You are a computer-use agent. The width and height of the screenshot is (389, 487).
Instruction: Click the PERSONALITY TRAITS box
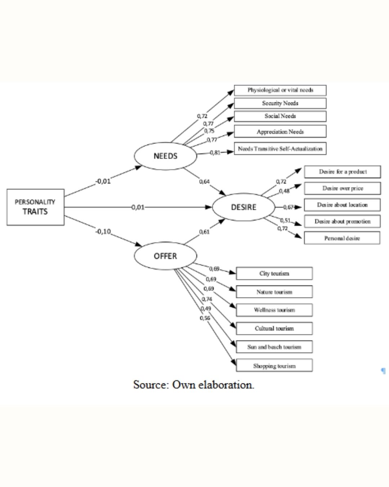click(35, 207)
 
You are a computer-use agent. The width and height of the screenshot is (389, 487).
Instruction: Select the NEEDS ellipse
click(165, 156)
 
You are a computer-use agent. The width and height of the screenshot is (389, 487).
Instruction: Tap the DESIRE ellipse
click(243, 207)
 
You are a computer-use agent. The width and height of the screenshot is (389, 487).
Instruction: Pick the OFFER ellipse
click(165, 256)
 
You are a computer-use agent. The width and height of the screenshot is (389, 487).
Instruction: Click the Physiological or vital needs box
click(280, 90)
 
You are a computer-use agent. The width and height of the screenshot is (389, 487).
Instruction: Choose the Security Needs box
click(280, 103)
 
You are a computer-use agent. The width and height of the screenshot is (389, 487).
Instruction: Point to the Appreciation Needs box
click(280, 132)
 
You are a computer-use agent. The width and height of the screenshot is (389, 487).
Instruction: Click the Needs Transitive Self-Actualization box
click(280, 149)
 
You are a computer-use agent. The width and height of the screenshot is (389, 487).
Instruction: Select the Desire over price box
click(342, 188)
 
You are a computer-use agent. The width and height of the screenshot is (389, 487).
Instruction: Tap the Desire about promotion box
click(342, 221)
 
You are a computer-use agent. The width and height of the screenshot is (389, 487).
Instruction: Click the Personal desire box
click(342, 238)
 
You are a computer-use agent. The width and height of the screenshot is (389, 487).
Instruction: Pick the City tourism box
click(274, 273)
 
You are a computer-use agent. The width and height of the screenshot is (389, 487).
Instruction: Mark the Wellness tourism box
click(274, 310)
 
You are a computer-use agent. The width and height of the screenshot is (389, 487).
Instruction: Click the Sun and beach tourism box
click(274, 347)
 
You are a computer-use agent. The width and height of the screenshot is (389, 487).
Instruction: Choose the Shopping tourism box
click(274, 366)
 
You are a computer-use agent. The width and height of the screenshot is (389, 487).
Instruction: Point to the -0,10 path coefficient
click(103, 232)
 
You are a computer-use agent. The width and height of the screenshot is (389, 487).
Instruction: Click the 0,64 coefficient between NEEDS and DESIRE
click(204, 181)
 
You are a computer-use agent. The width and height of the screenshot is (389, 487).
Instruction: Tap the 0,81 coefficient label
click(215, 153)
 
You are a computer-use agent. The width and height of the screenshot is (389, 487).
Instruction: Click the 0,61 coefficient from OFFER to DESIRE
click(204, 232)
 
